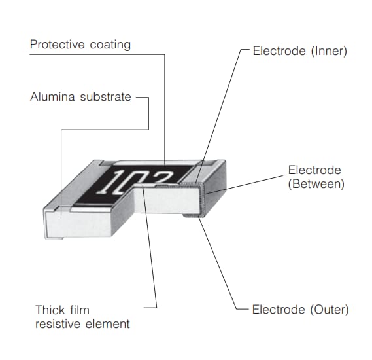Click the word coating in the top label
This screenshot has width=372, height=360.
click(109, 45)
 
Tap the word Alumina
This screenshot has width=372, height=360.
click(52, 97)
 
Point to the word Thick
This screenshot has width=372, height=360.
click(49, 310)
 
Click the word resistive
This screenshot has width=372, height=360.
click(56, 323)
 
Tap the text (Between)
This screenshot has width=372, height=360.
click(316, 184)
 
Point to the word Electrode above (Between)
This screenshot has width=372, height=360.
click(314, 170)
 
